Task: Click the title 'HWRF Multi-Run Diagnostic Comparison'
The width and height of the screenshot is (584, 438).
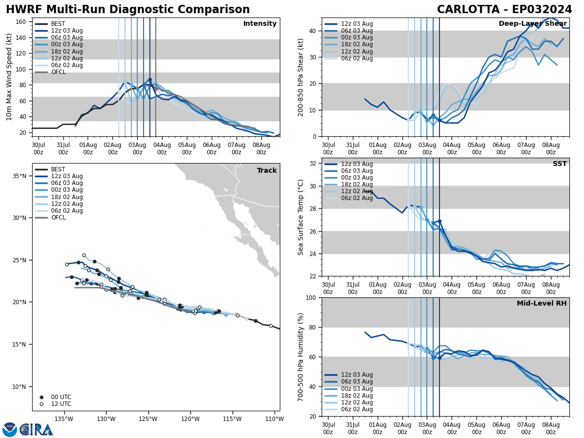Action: (128, 10)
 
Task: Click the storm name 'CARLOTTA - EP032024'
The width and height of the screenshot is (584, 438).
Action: (504, 10)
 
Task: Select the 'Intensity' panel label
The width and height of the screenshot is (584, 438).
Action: (259, 24)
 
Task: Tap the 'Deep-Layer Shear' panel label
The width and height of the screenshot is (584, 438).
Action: (532, 24)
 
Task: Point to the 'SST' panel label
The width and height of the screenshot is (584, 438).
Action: (559, 164)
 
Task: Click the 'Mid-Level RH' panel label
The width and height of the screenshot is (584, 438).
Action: (541, 304)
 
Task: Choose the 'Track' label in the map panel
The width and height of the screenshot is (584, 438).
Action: (267, 171)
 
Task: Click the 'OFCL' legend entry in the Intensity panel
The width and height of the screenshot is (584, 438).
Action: (58, 72)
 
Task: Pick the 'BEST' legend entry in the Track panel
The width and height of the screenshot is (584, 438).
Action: (58, 169)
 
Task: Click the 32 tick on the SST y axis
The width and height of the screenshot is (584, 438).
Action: (314, 164)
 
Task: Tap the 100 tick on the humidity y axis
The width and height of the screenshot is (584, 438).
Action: (312, 297)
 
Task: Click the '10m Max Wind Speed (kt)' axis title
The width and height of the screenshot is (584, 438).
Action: (9, 77)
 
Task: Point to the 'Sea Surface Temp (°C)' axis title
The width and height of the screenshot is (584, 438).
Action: (301, 217)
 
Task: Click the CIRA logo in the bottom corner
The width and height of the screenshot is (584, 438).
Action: (28, 429)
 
